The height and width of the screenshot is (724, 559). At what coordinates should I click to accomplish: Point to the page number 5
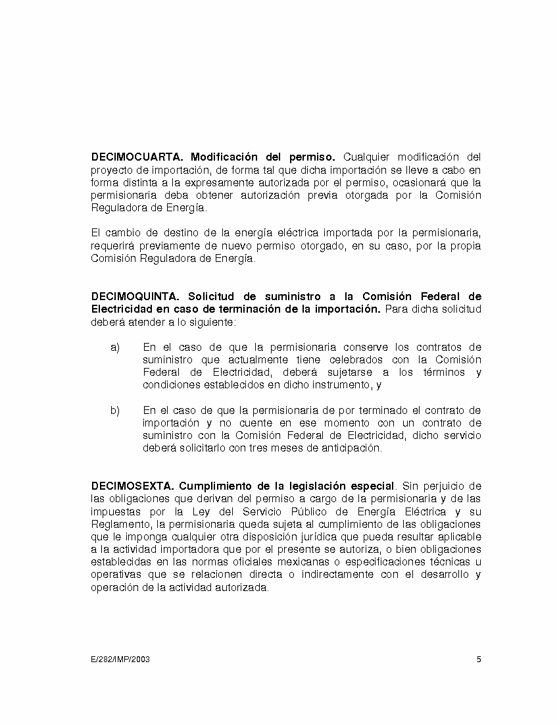click(479, 659)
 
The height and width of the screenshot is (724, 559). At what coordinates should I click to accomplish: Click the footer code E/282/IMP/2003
click(120, 659)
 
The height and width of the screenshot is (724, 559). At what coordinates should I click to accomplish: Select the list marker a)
click(115, 348)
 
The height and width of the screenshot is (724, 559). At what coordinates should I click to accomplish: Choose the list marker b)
click(115, 411)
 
